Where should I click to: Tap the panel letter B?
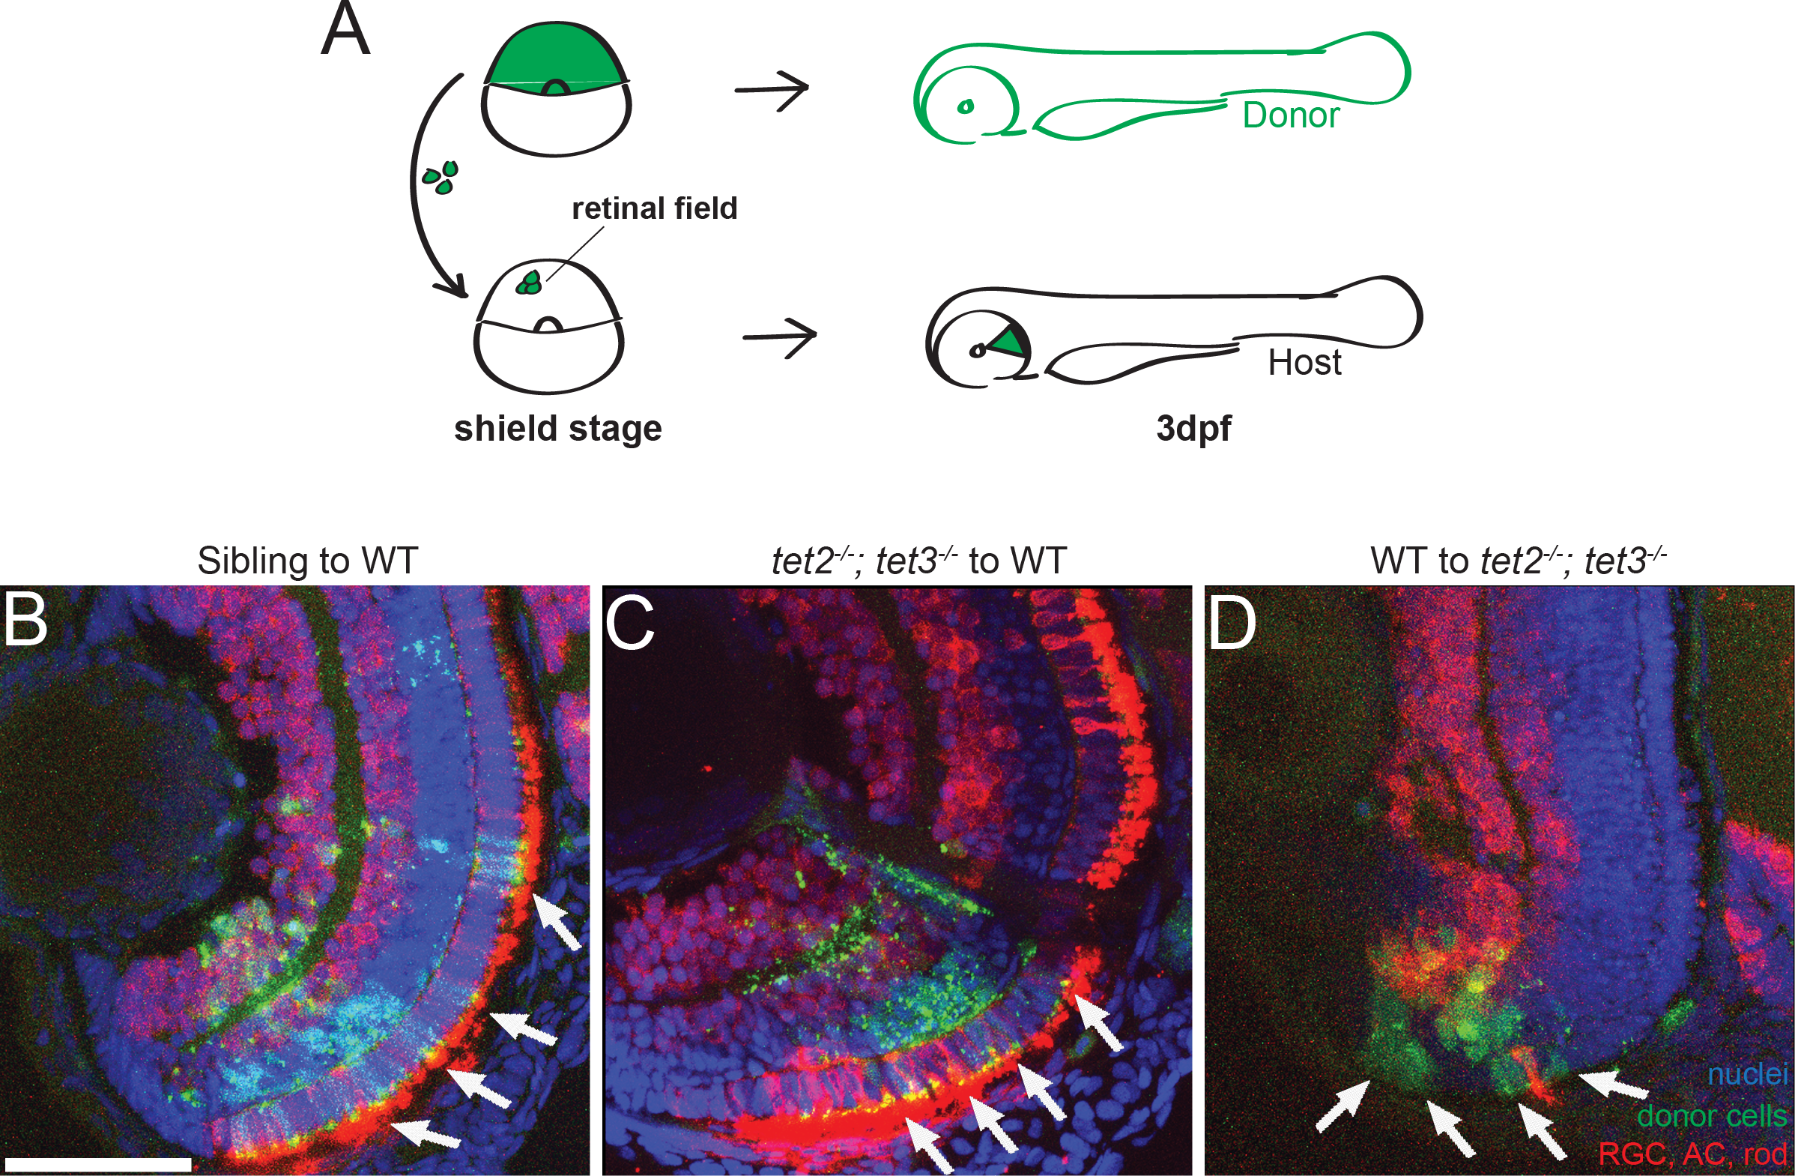25,623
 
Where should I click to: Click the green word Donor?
1291,115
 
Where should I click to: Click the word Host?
1304,363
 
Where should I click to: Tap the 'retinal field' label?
654,208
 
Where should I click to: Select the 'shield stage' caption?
557,429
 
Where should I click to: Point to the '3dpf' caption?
1193,429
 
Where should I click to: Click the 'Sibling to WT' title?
307,561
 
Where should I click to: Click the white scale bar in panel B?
97,1164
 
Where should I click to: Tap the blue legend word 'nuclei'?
1747,1074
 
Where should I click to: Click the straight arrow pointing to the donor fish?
772,90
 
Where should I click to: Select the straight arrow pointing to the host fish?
780,337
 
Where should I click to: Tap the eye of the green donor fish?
965,107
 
